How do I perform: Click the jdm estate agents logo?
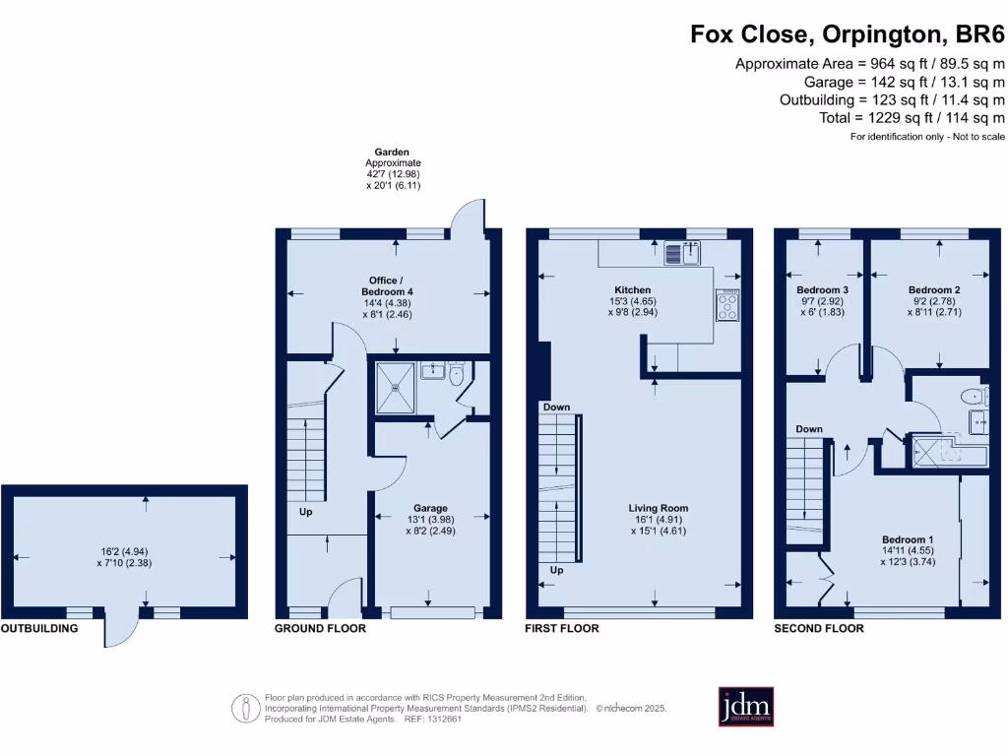click(x=746, y=707)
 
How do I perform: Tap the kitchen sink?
click(x=682, y=253)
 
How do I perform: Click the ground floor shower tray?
click(x=396, y=387)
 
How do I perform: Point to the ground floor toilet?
click(x=457, y=373)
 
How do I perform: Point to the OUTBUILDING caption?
click(x=39, y=628)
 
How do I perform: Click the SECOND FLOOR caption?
click(x=819, y=628)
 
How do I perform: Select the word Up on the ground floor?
click(x=305, y=512)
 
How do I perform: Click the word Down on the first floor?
click(x=556, y=407)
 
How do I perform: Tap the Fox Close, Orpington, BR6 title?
click(x=848, y=33)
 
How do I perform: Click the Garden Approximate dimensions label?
click(x=393, y=168)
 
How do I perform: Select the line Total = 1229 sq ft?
click(x=912, y=118)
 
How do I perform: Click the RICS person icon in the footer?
click(x=245, y=709)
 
